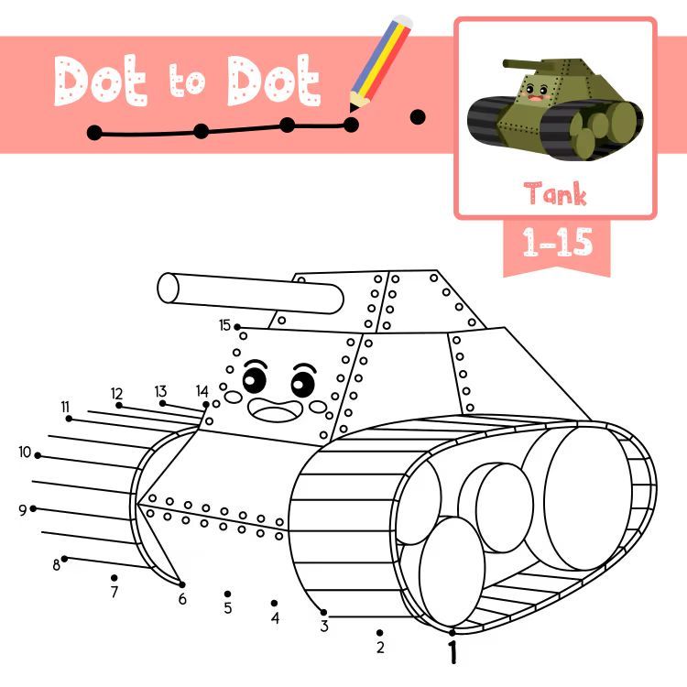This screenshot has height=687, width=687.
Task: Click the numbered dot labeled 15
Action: [237, 327]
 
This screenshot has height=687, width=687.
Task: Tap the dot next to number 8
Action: [64, 559]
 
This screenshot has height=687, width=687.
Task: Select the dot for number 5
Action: [227, 594]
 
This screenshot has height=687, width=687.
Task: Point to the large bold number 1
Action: [453, 652]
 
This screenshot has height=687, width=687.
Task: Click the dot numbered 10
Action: [38, 455]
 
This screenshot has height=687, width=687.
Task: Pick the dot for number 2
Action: [379, 633]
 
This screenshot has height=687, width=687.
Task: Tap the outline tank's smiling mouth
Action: [275, 409]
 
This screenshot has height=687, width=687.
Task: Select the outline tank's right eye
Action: [303, 382]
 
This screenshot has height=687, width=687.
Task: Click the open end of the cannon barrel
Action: [169, 288]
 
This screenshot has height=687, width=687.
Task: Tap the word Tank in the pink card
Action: [555, 192]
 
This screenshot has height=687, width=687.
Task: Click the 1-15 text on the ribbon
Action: [557, 242]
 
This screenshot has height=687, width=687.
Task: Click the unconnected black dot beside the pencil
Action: [418, 117]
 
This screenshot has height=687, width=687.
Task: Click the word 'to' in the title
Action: [187, 81]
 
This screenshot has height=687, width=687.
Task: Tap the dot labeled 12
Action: [119, 405]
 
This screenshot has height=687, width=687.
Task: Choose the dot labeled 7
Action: [114, 578]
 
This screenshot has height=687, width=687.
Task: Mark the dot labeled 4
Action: [274, 604]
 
